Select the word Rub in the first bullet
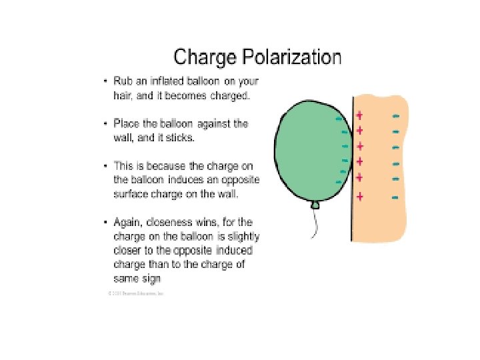point(123,81)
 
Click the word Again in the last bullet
point(127,222)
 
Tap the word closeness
point(172,222)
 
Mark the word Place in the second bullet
point(126,123)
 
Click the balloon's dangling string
point(313,224)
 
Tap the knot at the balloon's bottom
point(315,205)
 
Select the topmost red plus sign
point(360,115)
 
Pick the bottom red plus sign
point(360,197)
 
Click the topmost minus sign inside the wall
point(396,116)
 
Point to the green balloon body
point(307,153)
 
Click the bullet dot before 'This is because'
point(105,166)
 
